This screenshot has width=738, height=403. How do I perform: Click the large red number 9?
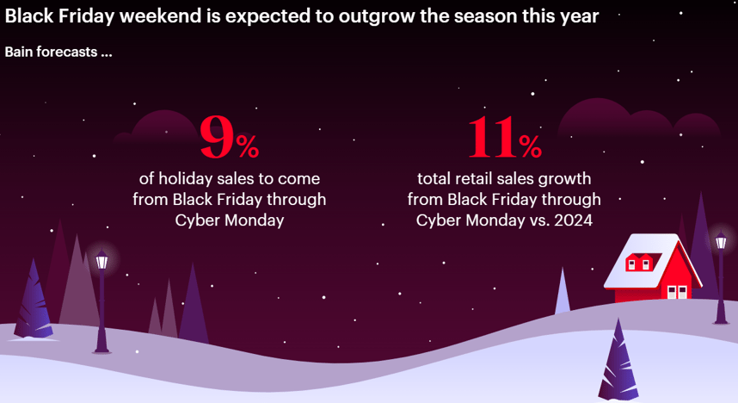pos(217,137)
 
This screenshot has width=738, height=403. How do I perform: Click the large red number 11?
pos(492,137)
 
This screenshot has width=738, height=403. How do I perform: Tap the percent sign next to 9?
pos(248,146)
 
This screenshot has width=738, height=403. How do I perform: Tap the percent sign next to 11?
pos(531,146)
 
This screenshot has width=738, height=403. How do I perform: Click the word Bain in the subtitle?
pos(19,52)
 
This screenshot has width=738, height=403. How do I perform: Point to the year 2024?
pos(573,220)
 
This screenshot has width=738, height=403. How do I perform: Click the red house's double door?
pos(677,292)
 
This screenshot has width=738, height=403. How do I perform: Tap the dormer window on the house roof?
pos(639,262)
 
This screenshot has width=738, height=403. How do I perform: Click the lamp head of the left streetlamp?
pos(101,260)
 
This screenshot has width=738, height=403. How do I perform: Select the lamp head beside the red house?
pos(721,239)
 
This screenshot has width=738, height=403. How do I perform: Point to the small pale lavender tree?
pos(563,291)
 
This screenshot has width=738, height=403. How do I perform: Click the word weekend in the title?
pos(161,16)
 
